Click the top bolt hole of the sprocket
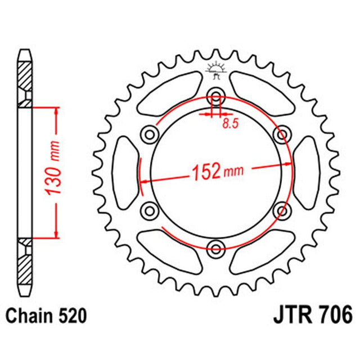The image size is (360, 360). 215,94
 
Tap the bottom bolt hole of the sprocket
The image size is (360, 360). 215,247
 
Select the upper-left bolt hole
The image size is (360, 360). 149,133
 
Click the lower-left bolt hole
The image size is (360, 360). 149,210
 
